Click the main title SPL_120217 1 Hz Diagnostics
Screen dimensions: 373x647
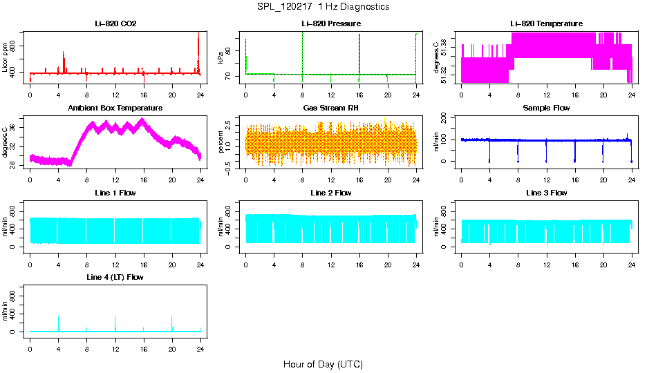pos(322,7)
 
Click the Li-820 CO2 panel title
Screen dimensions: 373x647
pos(115,24)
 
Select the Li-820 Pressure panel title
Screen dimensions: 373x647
pos(330,24)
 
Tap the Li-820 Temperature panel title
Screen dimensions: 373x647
pos(546,24)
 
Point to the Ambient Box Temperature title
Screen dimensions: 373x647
pos(115,108)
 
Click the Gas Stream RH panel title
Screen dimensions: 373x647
pos(330,108)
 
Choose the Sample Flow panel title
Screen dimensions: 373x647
pos(546,108)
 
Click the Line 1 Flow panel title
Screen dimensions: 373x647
pos(115,193)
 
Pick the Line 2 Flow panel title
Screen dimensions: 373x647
pos(330,193)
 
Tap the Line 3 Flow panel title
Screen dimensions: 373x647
pos(546,193)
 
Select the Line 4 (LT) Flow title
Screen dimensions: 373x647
pos(115,277)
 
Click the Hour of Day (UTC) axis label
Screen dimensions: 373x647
pos(323,364)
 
